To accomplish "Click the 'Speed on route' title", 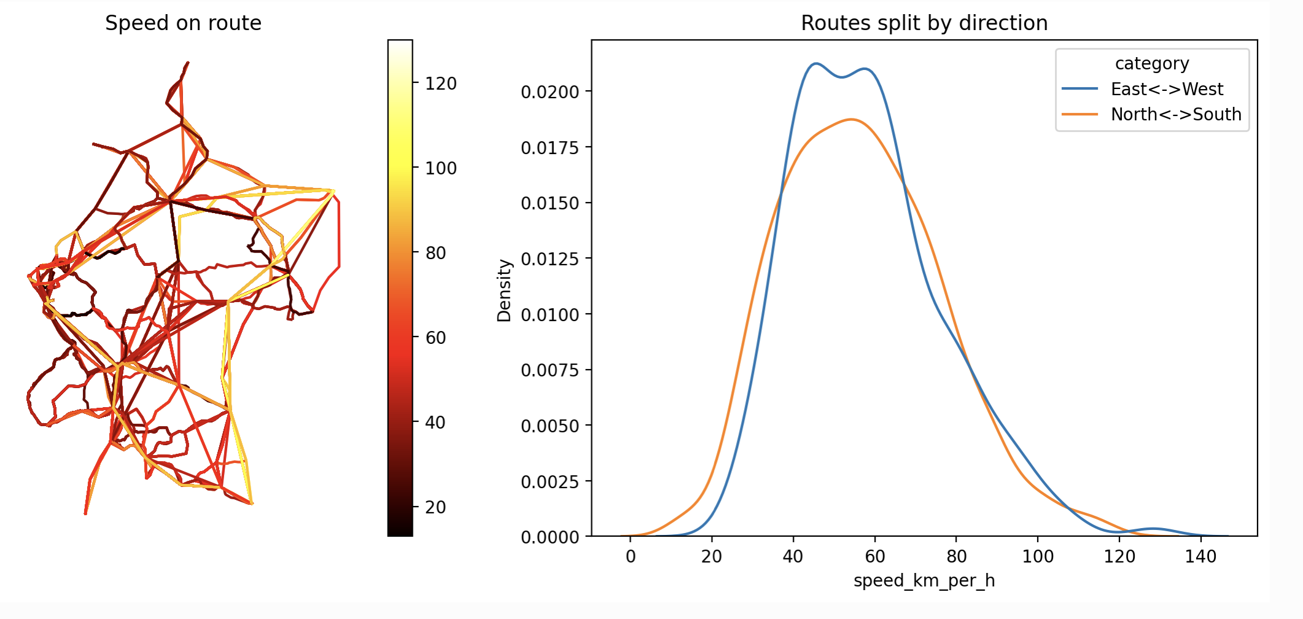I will click(x=183, y=23).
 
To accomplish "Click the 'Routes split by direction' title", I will click(x=924, y=23).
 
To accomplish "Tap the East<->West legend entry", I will click(x=1166, y=90).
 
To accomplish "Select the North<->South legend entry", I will click(x=1175, y=115).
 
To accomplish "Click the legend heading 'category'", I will click(x=1152, y=64).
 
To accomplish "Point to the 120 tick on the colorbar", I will click(x=441, y=84).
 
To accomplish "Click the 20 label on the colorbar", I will click(x=435, y=507).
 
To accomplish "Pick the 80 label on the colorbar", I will click(x=435, y=253).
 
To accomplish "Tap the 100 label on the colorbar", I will click(x=441, y=168).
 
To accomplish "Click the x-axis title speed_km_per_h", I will click(x=924, y=581).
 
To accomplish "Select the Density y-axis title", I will click(x=504, y=290).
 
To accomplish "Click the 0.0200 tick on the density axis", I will click(x=550, y=92).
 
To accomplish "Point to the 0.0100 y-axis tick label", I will click(x=550, y=315).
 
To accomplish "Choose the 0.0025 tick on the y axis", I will click(x=550, y=482).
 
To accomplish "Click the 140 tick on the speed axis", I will click(x=1200, y=557).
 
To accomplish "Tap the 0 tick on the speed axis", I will click(x=630, y=557).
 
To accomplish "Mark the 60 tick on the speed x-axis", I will click(x=874, y=557).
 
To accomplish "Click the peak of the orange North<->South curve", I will click(x=852, y=119).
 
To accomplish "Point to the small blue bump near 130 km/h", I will click(x=1154, y=529).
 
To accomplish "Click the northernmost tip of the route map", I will click(x=188, y=63).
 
